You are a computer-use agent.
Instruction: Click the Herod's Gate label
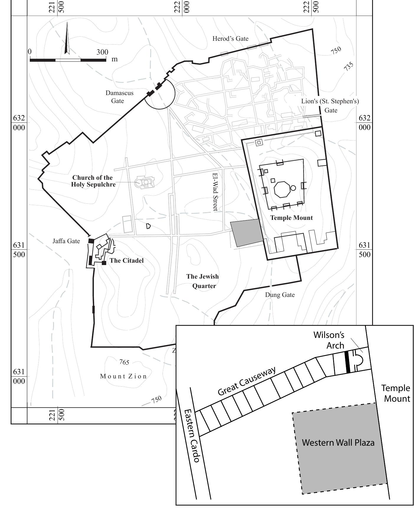[230, 39]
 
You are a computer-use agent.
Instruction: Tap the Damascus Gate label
[119, 97]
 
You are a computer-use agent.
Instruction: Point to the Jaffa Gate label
[66, 241]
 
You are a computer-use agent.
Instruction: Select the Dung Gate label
[280, 295]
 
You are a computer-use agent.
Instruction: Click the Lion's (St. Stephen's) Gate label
[330, 106]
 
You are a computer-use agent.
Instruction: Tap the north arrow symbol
[67, 38]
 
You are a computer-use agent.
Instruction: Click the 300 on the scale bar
[102, 52]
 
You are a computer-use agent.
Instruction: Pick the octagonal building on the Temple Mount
[282, 189]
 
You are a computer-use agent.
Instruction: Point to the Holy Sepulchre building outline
[145, 182]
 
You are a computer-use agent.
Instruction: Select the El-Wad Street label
[215, 192]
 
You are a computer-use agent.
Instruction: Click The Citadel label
[127, 261]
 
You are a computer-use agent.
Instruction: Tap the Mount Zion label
[123, 376]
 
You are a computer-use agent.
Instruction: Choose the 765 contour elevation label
[124, 362]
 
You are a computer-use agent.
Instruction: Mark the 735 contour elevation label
[348, 67]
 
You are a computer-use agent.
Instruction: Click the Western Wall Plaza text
[338, 443]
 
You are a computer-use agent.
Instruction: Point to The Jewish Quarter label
[203, 281]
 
